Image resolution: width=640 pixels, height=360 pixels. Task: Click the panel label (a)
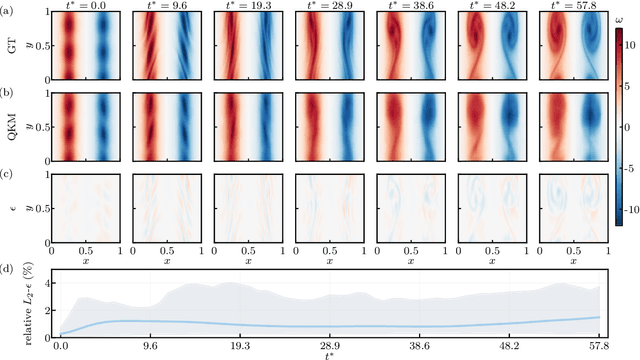pos(9,8)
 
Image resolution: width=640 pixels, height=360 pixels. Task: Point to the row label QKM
pos(11,129)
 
